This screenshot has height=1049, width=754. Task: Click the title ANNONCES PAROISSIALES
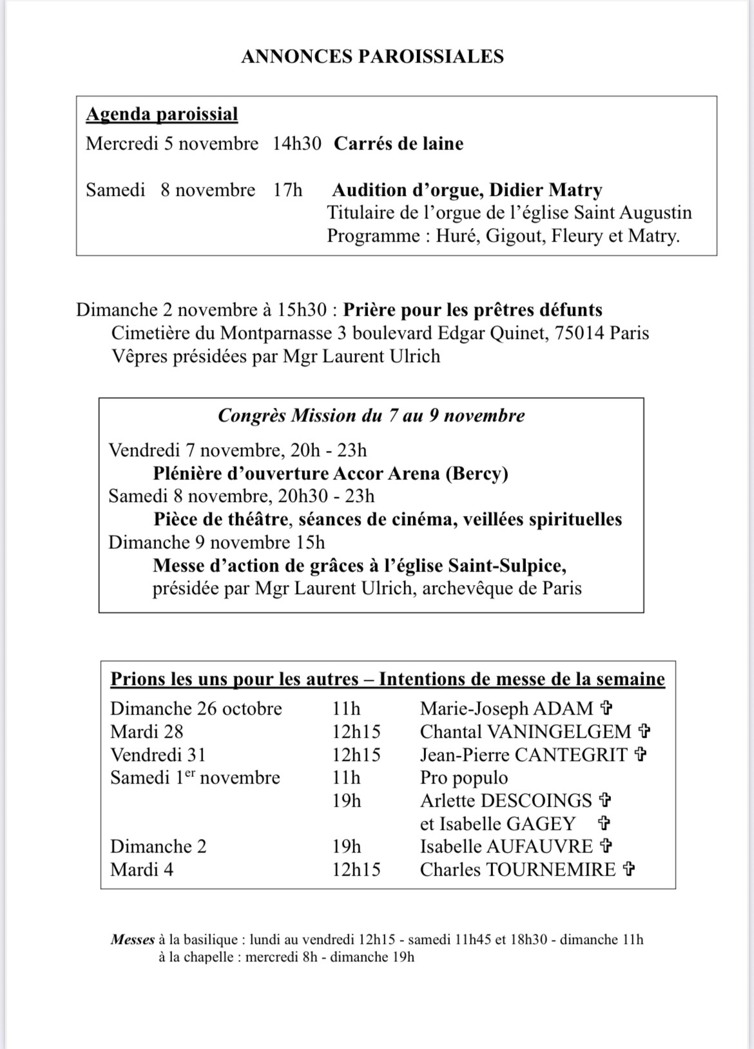point(372,57)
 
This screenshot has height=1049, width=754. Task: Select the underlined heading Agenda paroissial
point(162,114)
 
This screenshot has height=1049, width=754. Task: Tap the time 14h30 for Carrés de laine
point(296,143)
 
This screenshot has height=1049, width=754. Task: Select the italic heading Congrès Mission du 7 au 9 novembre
point(371,416)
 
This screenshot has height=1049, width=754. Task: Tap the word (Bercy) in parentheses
point(476,474)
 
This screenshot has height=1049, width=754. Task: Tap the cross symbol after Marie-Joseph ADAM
point(606,709)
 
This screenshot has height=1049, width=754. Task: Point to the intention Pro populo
point(463,778)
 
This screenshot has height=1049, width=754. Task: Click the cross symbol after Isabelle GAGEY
point(604,823)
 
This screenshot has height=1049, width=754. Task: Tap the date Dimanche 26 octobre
point(196,709)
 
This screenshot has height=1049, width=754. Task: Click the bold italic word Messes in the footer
point(132,939)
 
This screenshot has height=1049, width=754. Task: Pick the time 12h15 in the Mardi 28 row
point(356,732)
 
